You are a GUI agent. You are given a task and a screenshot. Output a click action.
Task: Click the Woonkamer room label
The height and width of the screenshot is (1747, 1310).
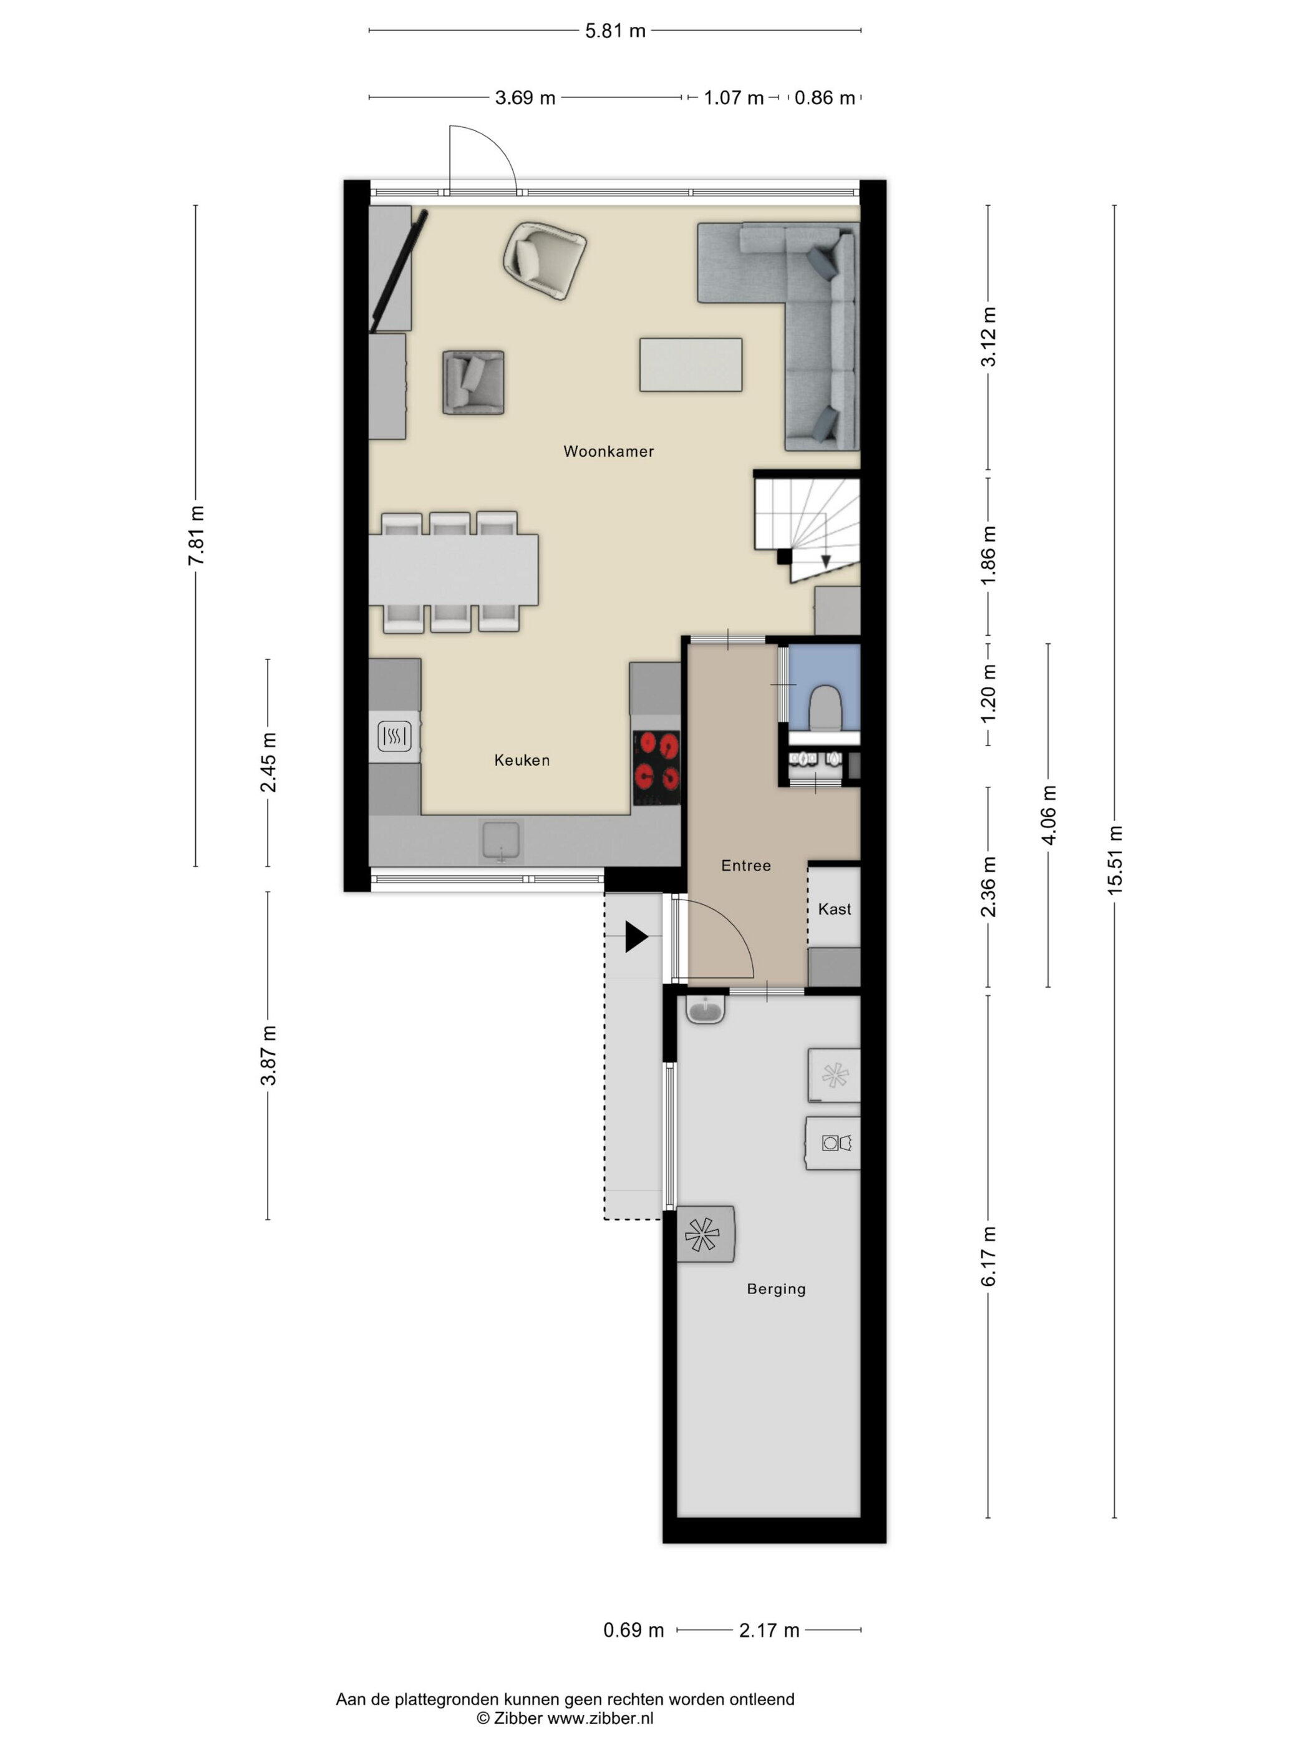point(608,451)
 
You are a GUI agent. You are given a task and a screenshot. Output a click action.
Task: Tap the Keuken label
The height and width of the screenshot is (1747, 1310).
point(522,760)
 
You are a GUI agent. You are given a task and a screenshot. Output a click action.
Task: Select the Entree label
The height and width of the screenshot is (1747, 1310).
point(745,865)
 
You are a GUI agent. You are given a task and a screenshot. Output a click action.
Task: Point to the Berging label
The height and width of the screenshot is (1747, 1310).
point(776,1289)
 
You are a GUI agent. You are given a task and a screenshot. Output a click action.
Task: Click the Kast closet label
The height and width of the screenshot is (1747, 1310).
point(835,909)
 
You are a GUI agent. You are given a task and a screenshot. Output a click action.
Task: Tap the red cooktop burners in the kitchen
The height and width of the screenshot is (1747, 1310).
point(656,762)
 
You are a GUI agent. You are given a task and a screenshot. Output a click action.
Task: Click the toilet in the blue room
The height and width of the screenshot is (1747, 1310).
point(826,707)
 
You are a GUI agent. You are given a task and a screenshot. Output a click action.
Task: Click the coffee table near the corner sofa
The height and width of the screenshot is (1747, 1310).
point(690,364)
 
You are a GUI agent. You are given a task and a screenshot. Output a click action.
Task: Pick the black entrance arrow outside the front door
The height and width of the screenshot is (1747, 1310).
point(636,938)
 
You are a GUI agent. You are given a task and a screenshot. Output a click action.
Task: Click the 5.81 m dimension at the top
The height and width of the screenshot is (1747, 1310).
point(615,31)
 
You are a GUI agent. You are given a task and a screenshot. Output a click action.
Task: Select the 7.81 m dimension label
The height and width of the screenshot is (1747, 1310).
point(196,535)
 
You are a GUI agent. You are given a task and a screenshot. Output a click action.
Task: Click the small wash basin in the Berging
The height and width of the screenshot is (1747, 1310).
point(704,1010)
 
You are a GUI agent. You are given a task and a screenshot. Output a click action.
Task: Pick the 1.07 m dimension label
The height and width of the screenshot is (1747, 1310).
point(734,98)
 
